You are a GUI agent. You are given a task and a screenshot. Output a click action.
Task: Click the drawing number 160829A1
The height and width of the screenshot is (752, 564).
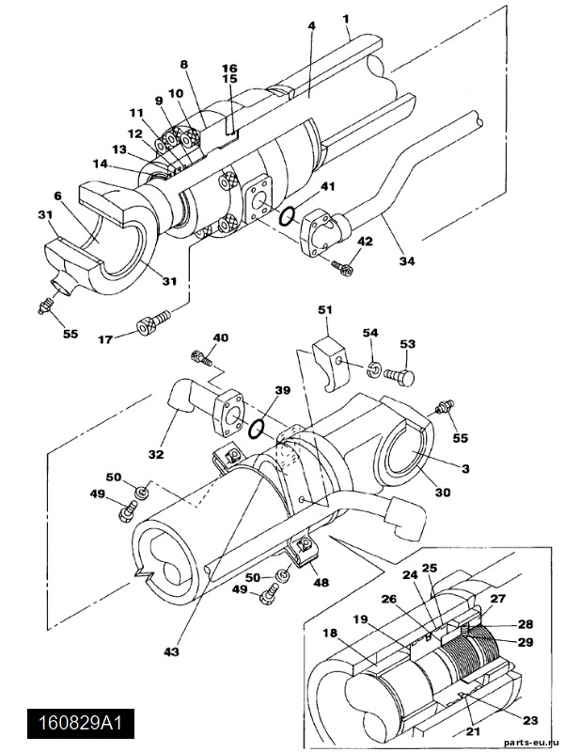[x=80, y=722]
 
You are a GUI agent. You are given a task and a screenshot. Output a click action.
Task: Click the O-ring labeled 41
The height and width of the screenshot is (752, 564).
[x=288, y=216]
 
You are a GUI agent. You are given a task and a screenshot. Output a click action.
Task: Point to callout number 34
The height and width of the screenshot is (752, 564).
[x=407, y=261]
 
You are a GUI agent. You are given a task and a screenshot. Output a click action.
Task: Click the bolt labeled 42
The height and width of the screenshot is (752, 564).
[x=342, y=267]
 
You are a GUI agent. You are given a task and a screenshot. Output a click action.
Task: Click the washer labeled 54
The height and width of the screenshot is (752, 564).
[x=373, y=368]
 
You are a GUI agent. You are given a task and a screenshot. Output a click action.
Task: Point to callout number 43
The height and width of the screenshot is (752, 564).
[x=171, y=651]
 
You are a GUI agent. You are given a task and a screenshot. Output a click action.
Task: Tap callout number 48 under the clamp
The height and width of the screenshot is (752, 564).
[x=321, y=582]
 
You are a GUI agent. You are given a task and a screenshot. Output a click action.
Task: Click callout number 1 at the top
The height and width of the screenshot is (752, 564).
[x=346, y=19]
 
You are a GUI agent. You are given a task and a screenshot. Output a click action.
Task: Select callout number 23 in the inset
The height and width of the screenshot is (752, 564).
[x=531, y=719]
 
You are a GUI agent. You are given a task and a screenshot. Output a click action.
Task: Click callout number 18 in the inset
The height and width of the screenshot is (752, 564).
[x=330, y=633]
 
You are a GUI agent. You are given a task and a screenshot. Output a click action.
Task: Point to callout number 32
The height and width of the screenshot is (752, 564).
[x=156, y=454]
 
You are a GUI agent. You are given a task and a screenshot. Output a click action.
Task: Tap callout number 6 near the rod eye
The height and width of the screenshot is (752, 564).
[x=58, y=196]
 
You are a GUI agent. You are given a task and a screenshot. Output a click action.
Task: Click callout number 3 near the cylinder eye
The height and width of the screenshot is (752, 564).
[x=465, y=468]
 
